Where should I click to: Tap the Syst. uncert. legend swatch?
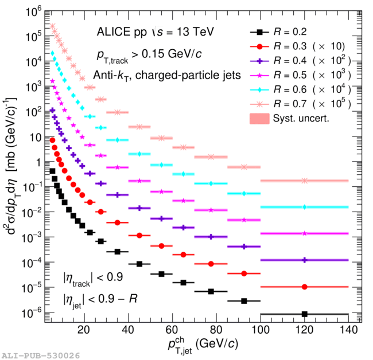click(261, 118)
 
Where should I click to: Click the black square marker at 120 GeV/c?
click(304, 314)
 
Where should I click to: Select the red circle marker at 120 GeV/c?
click(304, 287)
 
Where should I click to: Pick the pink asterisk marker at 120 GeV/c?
click(304, 181)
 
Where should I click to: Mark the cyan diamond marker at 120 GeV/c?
click(304, 207)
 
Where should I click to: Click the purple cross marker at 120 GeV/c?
click(304, 260)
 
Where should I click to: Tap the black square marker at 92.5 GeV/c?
click(244, 300)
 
